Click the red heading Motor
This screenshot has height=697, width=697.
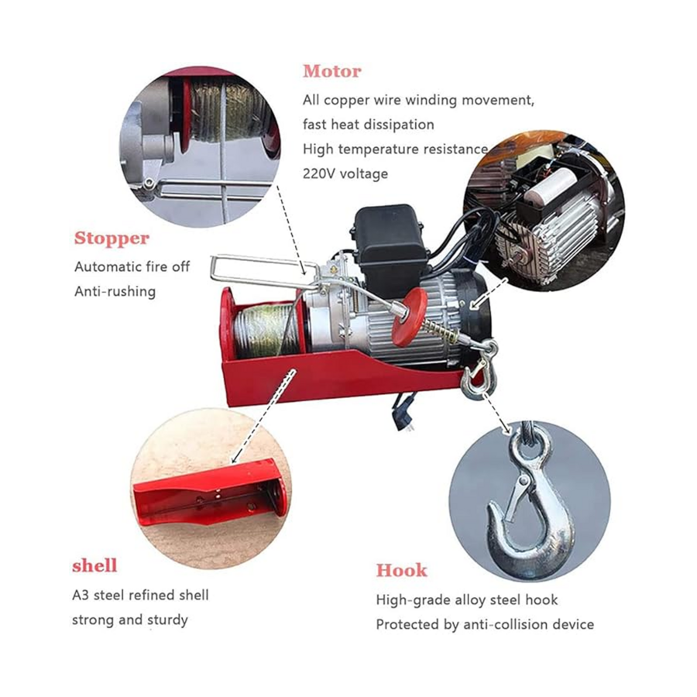[331, 71]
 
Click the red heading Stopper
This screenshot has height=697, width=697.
[112, 239]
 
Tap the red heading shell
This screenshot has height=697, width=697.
[94, 565]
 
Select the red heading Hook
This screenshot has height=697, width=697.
[401, 570]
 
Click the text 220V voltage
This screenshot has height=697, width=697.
[345, 173]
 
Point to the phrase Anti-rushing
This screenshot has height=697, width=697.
[115, 291]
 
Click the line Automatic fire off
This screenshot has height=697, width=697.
[132, 266]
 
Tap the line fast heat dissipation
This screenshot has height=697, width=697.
[369, 125]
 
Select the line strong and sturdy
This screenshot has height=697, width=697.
[130, 620]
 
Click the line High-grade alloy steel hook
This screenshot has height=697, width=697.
[467, 599]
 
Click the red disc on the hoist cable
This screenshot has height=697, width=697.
[409, 317]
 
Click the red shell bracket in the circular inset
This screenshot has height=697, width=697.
[209, 493]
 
